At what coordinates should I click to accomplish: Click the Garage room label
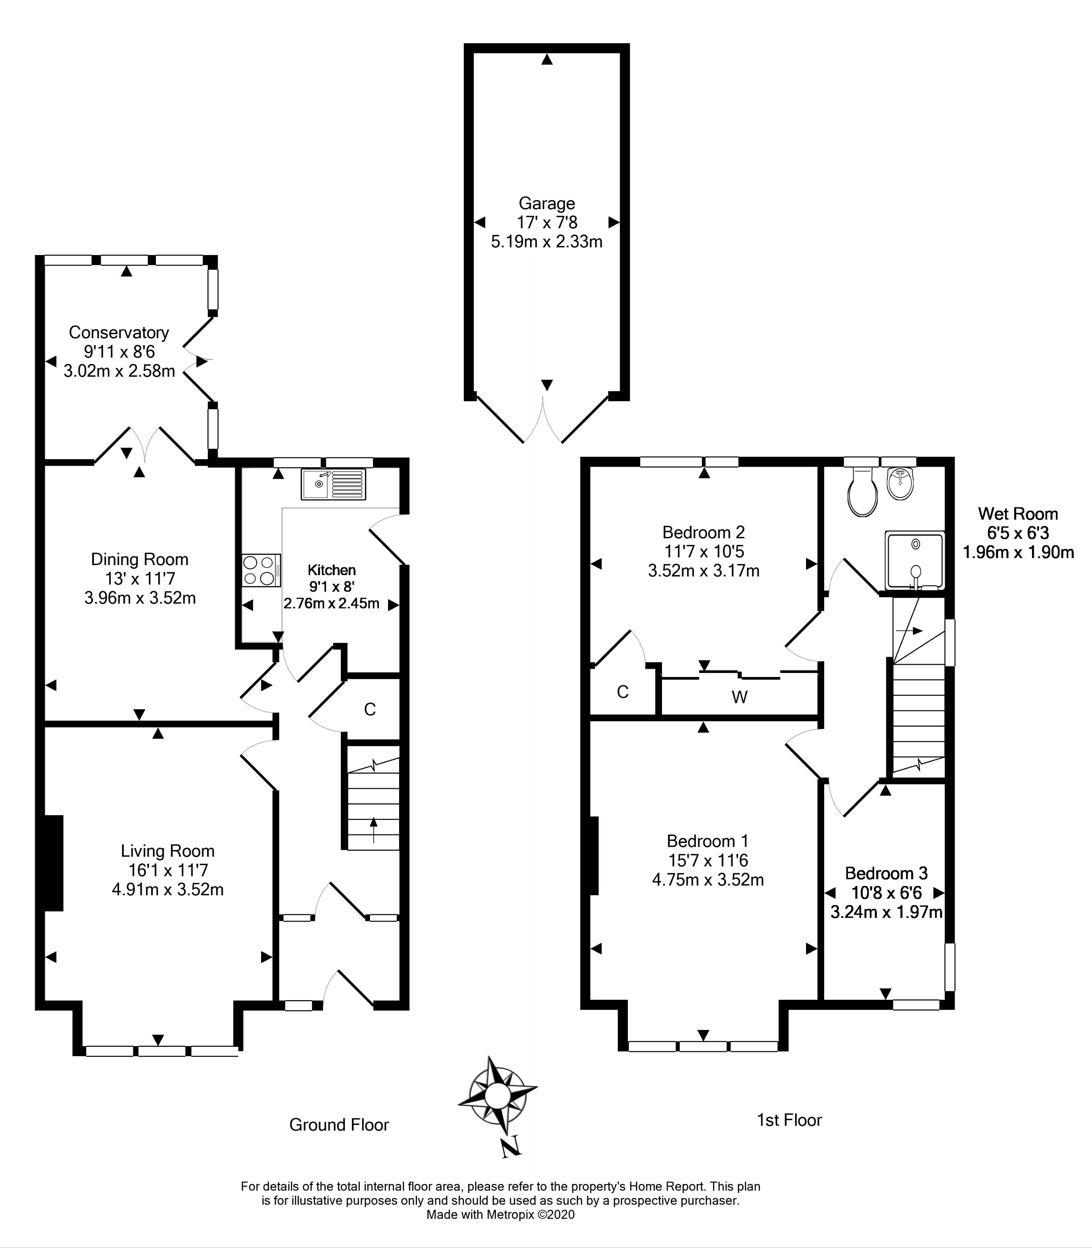tap(547, 203)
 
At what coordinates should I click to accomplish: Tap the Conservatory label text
tap(119, 332)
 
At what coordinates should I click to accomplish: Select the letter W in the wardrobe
tap(739, 697)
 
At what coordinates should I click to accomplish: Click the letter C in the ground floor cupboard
tap(370, 709)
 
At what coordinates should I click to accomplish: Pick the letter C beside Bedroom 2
tap(622, 691)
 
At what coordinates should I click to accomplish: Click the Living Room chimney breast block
tap(54, 863)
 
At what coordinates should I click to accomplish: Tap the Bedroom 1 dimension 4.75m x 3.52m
tap(708, 880)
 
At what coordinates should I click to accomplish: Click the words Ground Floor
tap(339, 1125)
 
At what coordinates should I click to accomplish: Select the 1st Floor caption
tap(789, 1120)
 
